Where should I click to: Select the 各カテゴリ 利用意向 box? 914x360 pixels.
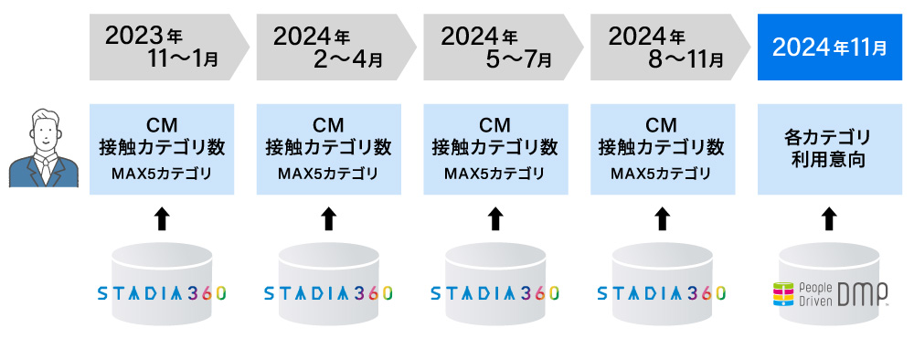829,149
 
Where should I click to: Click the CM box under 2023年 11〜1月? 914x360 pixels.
162,149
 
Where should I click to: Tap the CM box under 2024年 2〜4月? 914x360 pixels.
328,149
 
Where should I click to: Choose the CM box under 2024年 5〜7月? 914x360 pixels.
494,149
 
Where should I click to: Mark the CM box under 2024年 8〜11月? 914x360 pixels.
662,149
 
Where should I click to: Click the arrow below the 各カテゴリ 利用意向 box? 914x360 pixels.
829,218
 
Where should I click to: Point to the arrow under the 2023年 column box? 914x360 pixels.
162,218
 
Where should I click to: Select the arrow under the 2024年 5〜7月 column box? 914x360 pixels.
494,218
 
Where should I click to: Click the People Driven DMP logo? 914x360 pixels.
830,293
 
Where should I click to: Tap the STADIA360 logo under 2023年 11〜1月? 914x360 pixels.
162,293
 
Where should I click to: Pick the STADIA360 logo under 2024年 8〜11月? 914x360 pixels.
662,293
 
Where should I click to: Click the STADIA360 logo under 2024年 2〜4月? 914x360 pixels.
328,293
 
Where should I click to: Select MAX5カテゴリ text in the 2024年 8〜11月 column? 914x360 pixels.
662,174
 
